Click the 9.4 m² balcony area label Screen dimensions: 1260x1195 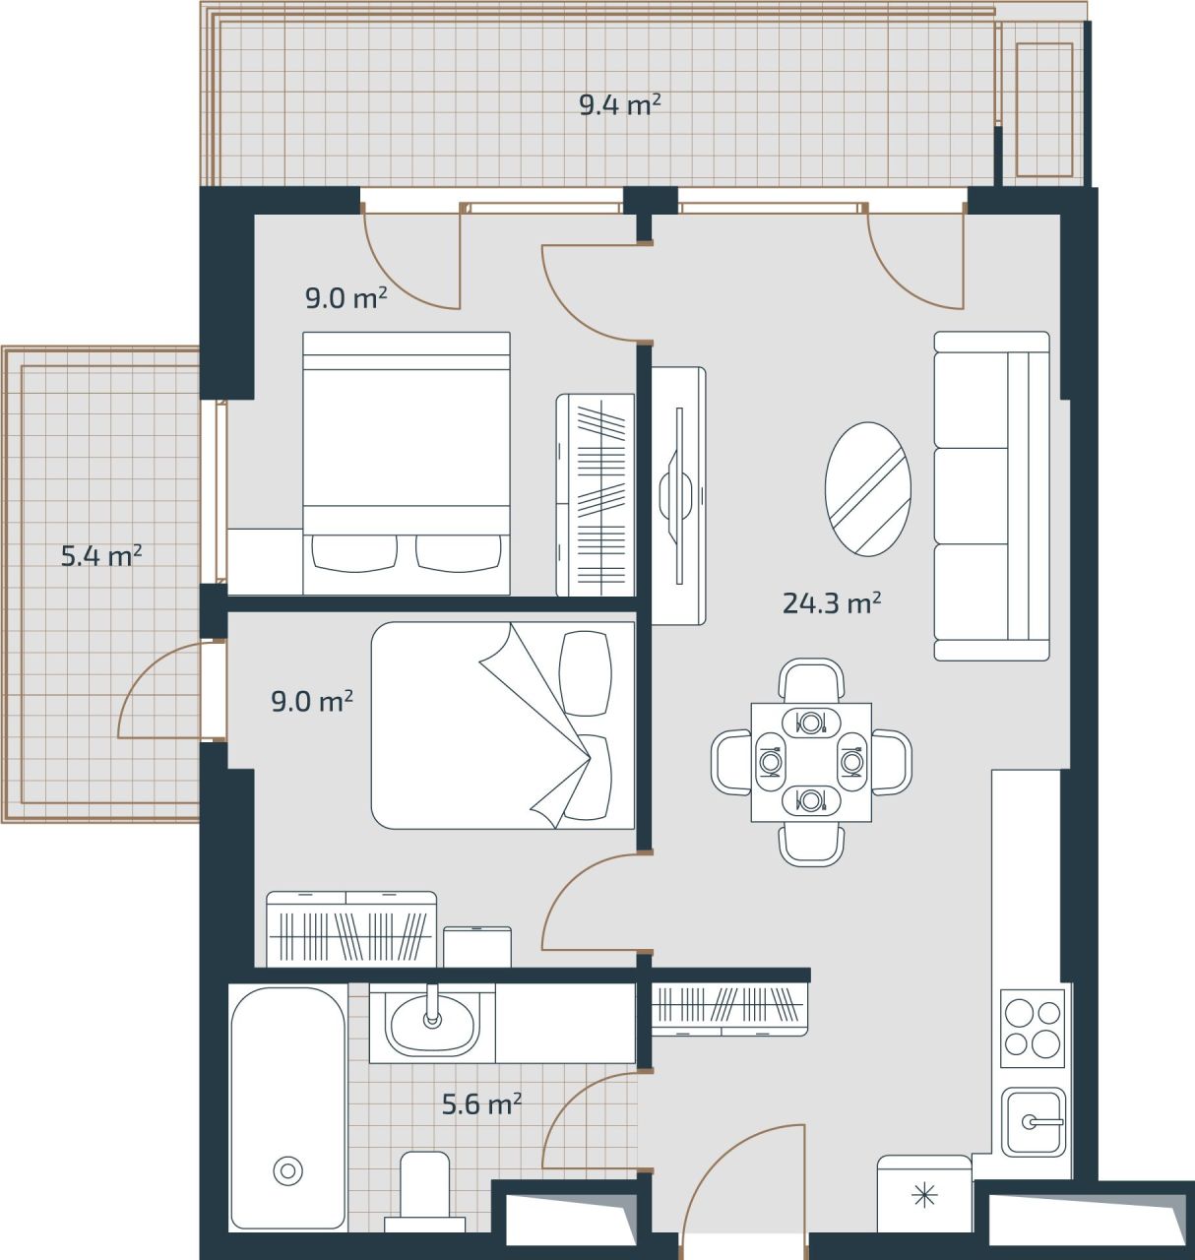click(x=619, y=104)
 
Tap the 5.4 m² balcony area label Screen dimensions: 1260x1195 click(x=101, y=556)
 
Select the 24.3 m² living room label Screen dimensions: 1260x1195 click(x=831, y=603)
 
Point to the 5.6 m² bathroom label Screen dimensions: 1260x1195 click(x=481, y=1104)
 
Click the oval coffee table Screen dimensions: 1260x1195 click(x=867, y=489)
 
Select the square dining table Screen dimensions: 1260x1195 click(x=810, y=762)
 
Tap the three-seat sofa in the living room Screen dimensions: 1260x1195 click(x=990, y=496)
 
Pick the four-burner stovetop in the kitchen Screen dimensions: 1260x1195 click(x=1033, y=1029)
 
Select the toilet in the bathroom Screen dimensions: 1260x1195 click(x=424, y=1188)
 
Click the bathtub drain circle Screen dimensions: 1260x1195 click(x=287, y=1170)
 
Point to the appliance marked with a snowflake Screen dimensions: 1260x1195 click(x=923, y=1195)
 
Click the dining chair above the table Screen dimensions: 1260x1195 click(x=811, y=678)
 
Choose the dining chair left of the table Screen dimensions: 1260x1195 click(x=731, y=762)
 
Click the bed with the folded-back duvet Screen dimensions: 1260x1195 click(x=502, y=725)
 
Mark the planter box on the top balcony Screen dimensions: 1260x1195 click(x=1043, y=109)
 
